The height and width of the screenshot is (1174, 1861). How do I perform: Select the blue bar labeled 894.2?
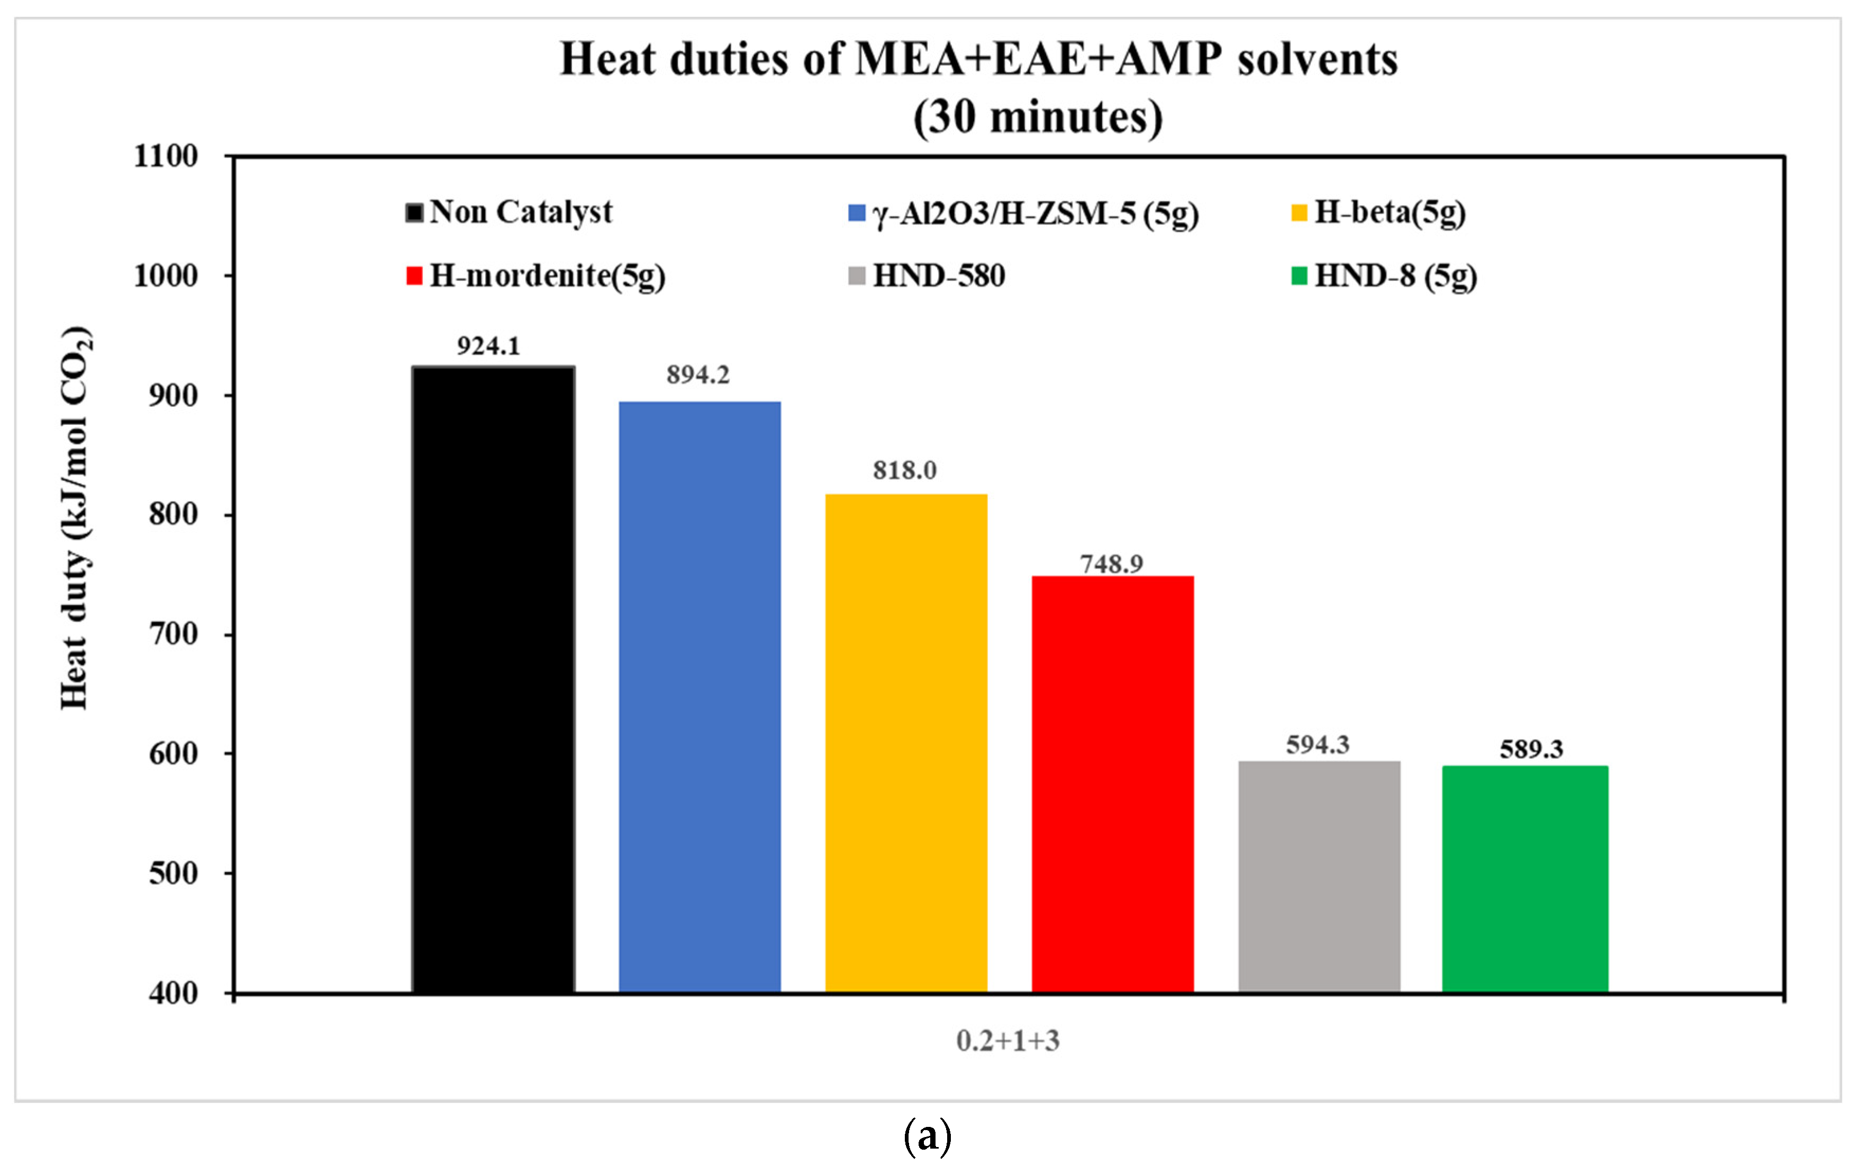click(700, 696)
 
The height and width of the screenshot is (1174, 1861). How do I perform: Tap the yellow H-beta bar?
click(906, 742)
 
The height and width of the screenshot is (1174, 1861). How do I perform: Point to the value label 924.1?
click(488, 345)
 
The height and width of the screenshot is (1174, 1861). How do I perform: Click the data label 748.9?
click(1111, 563)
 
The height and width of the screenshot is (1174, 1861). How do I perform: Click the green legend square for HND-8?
click(1299, 276)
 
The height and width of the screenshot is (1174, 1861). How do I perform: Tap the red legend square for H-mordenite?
click(414, 276)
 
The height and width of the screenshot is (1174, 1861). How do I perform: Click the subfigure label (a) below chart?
click(928, 1135)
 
